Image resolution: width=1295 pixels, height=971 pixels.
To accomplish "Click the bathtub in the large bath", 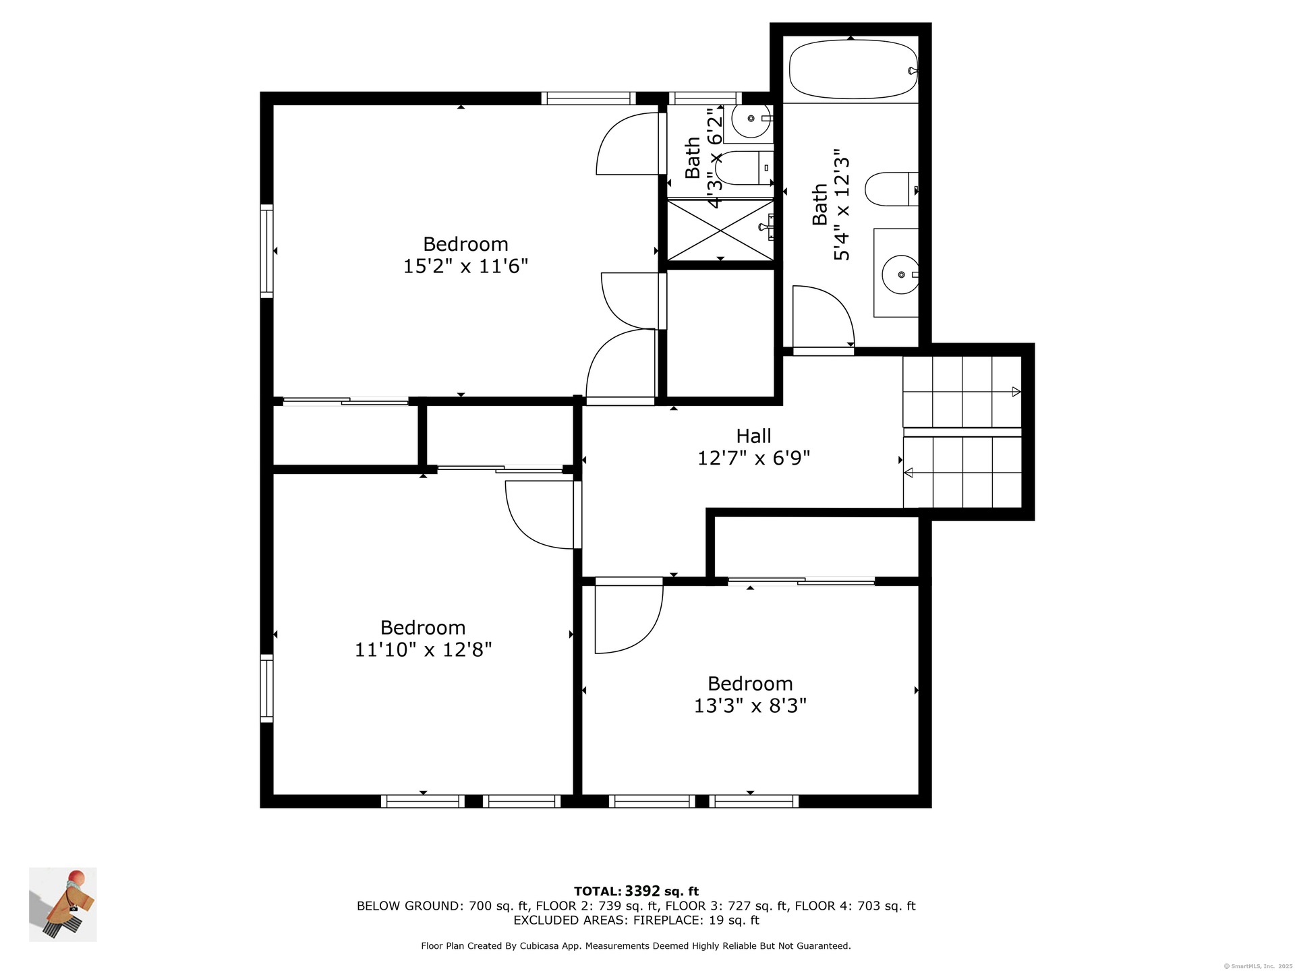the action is point(853,69).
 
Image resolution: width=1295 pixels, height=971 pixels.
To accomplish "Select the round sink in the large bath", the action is point(900,274).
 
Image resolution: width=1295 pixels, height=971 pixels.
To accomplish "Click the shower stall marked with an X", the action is point(720,229).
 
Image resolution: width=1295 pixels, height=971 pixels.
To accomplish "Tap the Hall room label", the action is point(753,436).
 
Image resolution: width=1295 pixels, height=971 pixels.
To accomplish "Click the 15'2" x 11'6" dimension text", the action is point(465,266).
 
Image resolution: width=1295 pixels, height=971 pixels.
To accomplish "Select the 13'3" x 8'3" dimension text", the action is point(750,706).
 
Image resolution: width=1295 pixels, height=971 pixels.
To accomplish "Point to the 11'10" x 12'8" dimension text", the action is point(423,650).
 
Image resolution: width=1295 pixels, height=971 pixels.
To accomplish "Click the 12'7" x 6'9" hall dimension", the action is point(753,459).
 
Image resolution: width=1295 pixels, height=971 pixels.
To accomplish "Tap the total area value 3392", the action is point(642,891).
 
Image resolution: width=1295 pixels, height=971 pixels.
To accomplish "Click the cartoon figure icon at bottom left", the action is point(63,904).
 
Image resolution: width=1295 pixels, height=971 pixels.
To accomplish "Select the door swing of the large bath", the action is point(824,317).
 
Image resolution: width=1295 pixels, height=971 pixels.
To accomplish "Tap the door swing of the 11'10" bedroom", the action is point(540,514).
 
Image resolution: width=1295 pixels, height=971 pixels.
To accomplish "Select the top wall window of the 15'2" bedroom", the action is point(588,98).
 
